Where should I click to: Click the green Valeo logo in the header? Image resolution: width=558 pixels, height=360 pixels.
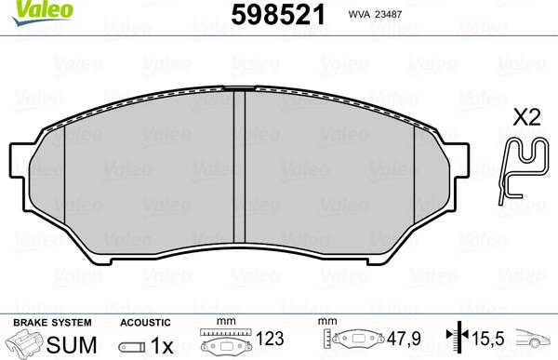click(x=42, y=11)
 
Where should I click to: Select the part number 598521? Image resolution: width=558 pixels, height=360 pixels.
click(x=278, y=15)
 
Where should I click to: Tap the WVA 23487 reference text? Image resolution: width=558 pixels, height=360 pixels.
click(x=375, y=14)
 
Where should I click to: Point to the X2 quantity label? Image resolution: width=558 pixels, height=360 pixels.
click(x=526, y=117)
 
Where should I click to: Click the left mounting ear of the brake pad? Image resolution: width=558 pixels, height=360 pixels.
click(x=20, y=160)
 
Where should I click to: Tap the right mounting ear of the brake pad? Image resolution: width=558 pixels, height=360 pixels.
click(x=459, y=160)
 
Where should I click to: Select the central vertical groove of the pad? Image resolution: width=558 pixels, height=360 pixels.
click(x=240, y=167)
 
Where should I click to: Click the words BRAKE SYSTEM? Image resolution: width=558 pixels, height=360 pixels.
click(x=52, y=323)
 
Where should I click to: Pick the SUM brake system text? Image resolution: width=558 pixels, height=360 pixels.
click(x=72, y=345)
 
